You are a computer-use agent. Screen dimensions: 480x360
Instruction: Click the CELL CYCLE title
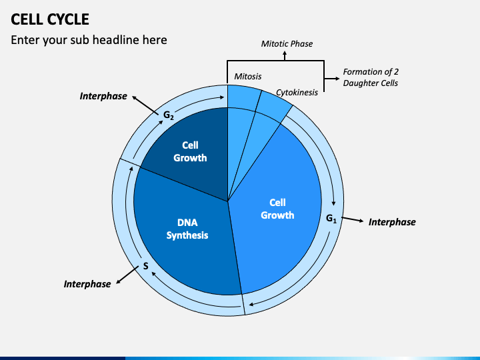pos(50,19)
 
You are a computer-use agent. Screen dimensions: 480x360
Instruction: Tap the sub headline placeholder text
pos(89,40)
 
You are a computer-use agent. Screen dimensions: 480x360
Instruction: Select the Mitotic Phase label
pos(287,44)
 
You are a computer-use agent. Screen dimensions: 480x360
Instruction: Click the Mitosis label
pos(247,76)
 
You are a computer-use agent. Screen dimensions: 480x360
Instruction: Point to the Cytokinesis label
pos(297,93)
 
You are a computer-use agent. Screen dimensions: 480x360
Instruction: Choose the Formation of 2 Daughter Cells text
pos(371,77)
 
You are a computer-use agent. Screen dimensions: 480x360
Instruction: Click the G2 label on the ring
pos(169,115)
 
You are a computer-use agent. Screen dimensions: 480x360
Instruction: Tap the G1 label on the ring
pos(331,219)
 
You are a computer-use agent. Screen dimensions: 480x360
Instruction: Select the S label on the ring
pos(146,266)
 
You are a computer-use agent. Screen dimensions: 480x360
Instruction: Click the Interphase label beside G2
pos(103,96)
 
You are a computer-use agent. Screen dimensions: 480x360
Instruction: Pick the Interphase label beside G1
pos(392,222)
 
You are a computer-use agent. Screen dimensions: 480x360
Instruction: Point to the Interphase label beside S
pos(87,284)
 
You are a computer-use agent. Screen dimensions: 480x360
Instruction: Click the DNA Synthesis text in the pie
pos(187,229)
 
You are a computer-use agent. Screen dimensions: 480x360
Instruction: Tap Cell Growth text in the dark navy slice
pos(190,151)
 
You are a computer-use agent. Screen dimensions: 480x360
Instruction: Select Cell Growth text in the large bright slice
pos(277,209)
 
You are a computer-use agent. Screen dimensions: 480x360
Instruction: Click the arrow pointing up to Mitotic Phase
pos(285,56)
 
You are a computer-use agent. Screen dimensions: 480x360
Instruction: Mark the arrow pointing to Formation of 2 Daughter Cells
pos(332,79)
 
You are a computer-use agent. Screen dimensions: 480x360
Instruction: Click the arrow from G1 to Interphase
pos(353,219)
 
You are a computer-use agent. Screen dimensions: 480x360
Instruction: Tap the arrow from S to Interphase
pos(127,275)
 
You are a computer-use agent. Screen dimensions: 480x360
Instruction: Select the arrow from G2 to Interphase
pos(145,105)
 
